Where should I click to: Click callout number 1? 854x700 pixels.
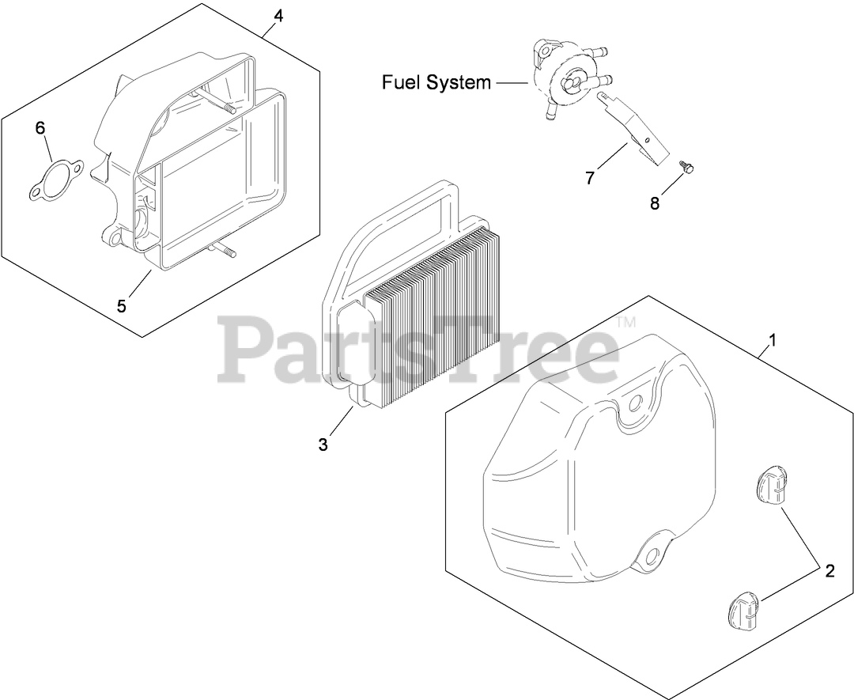pos(773,341)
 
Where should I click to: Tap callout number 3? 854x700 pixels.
pos(323,445)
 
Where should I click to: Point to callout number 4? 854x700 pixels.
pos(278,15)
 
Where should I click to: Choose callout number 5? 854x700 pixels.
pos(121,306)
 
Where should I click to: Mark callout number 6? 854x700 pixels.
pos(40,129)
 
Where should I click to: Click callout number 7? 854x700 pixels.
pos(590,178)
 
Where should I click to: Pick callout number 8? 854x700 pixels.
pos(655,203)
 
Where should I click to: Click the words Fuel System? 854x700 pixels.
pos(436,82)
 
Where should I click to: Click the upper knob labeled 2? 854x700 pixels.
pos(771,485)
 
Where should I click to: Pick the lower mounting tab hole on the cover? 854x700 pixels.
pos(653,551)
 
